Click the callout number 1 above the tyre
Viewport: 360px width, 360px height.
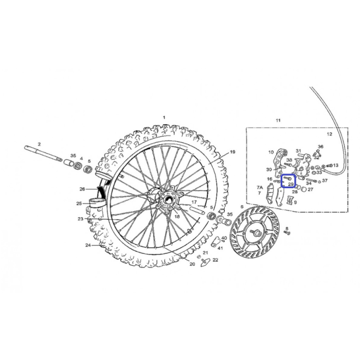pyautogui.click(x=164, y=118)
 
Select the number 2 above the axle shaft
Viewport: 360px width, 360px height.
pyautogui.click(x=39, y=144)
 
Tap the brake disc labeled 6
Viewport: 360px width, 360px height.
pyautogui.click(x=255, y=233)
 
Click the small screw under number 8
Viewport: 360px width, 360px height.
pyautogui.click(x=287, y=233)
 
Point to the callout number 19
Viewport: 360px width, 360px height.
pyautogui.click(x=233, y=152)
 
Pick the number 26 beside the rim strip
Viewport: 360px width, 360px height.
pyautogui.click(x=82, y=189)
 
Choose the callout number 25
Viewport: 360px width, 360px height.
pyautogui.click(x=79, y=204)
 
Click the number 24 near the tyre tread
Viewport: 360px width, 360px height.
pyautogui.click(x=88, y=245)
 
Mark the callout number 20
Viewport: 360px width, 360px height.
pyautogui.click(x=192, y=264)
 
